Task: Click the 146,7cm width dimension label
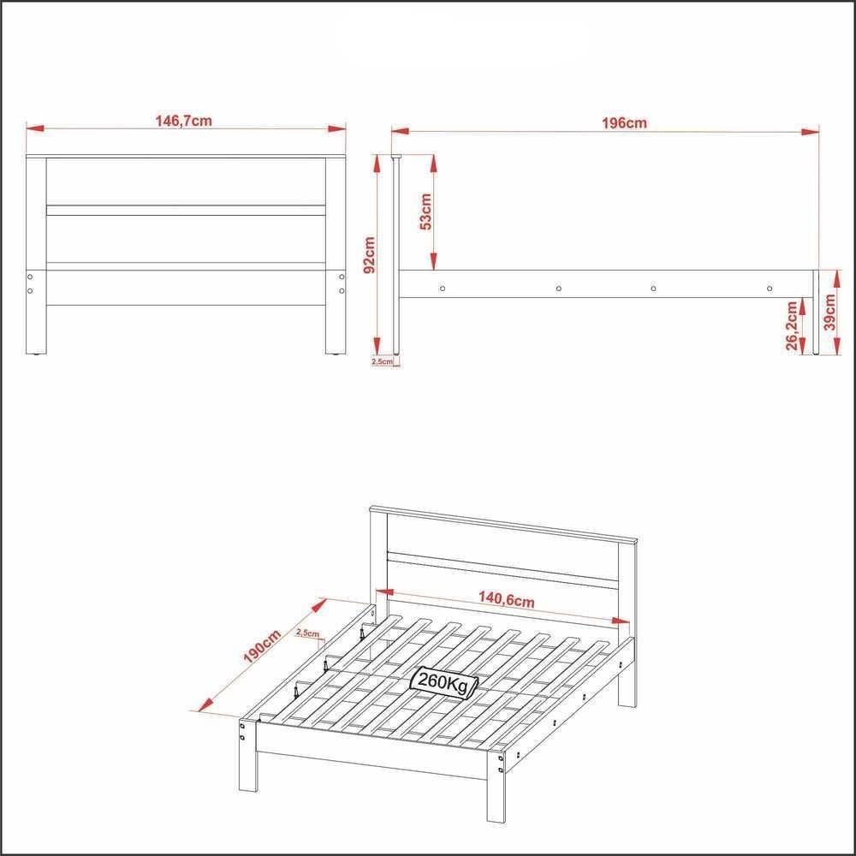pos(183,121)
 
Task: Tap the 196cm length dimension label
pos(623,122)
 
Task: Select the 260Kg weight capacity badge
pos(444,681)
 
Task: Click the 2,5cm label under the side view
pos(383,361)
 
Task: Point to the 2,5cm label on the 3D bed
pos(306,633)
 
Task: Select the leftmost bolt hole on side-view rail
pos(442,288)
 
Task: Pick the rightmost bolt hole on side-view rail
pos(769,288)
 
